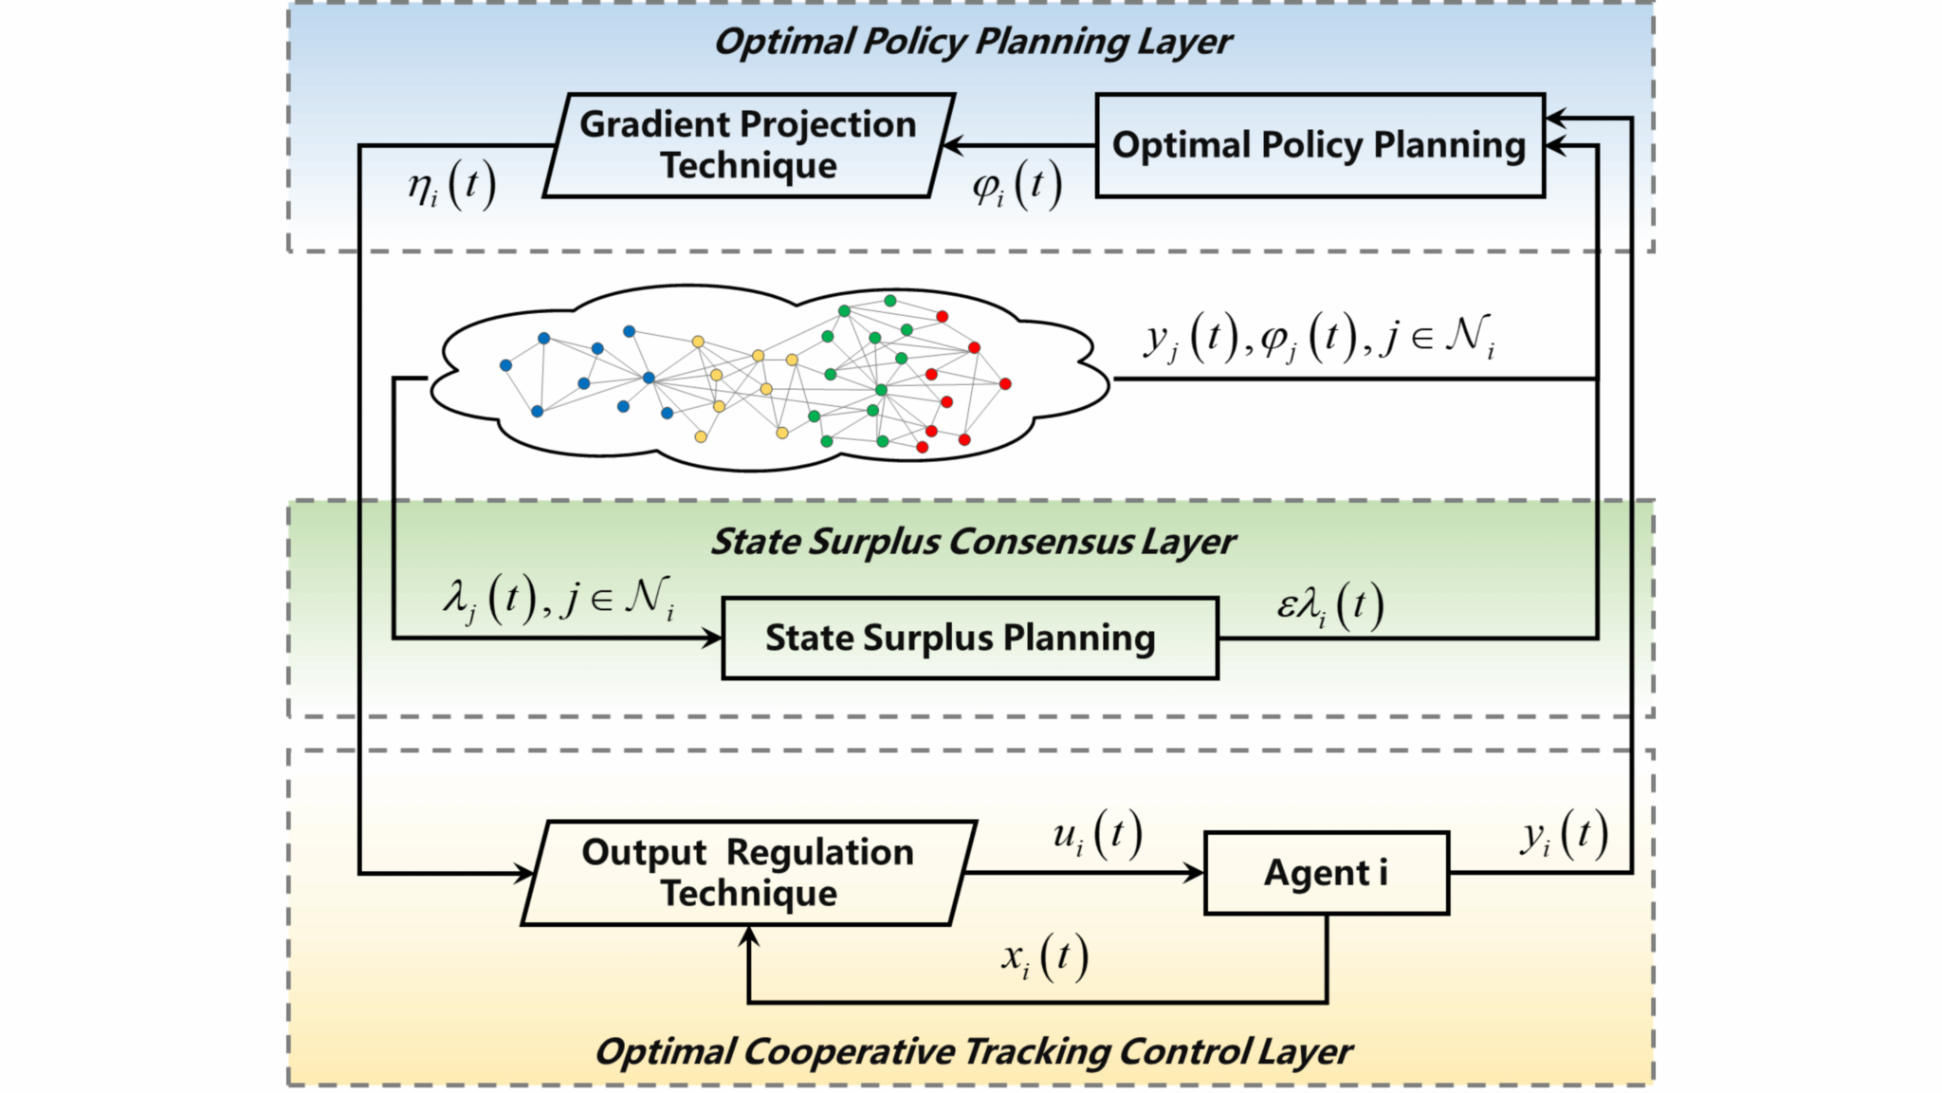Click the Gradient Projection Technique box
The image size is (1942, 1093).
[x=748, y=145]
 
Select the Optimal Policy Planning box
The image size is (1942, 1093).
[x=1319, y=145]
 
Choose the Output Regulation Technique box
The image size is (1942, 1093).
[x=748, y=873]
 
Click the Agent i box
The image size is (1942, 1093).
[x=1326, y=873]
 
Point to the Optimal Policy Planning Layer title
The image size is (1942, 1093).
[x=972, y=42]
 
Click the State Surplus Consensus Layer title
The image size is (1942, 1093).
[x=973, y=542]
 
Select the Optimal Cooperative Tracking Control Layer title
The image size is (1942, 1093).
[x=973, y=1051]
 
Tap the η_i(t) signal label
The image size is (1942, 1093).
[x=451, y=184]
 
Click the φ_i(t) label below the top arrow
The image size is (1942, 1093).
[x=1017, y=186]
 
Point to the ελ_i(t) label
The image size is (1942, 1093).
[x=1329, y=605]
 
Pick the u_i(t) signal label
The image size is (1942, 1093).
[x=1096, y=835]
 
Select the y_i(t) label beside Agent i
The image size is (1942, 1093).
[x=1565, y=835]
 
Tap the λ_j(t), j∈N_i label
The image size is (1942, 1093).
[x=559, y=599]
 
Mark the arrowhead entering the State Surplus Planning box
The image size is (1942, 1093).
[x=712, y=638]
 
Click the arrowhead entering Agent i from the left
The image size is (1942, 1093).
[x=1194, y=873]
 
